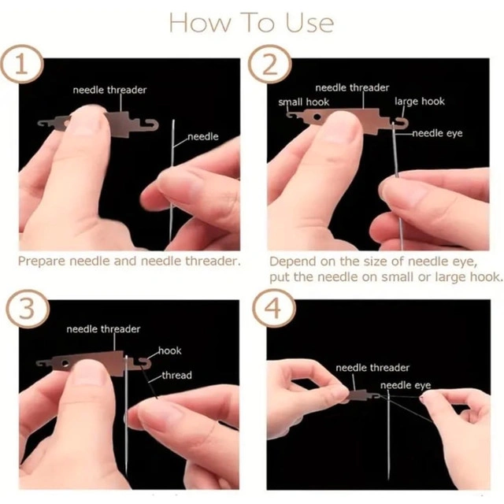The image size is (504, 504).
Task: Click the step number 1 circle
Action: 22,64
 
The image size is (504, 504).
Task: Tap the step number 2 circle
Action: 270,64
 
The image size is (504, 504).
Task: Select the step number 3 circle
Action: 28,309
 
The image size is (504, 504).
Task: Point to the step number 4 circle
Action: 273,308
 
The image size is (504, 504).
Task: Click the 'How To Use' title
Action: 251,23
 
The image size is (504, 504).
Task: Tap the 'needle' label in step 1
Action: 203,136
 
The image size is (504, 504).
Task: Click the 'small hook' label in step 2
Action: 304,102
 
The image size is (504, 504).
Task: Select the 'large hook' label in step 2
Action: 420,102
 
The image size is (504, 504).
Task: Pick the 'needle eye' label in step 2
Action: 437,133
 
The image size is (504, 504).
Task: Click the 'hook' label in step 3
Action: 170,350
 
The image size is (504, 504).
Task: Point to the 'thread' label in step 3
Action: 176,375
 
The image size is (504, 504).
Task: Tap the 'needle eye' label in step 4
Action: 406,385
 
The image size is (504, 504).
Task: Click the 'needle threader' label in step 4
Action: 372,368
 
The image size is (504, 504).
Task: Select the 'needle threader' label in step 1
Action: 109,90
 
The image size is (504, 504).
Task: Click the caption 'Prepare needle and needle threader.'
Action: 129,261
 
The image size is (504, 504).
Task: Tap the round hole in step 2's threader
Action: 317,117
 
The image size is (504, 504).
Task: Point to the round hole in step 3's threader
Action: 65,364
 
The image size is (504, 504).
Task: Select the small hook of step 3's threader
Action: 43,364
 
